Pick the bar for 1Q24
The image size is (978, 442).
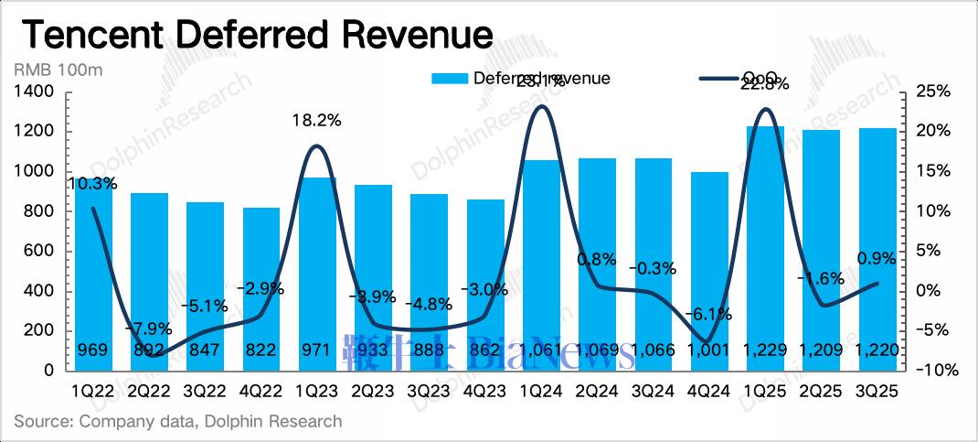(541, 265)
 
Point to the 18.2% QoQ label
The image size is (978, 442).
(317, 120)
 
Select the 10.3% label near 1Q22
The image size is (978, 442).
(92, 183)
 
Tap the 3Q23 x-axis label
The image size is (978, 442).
(430, 392)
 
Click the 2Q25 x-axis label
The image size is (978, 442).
(822, 392)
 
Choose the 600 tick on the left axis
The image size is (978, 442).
(39, 252)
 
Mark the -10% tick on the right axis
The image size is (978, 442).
(936, 371)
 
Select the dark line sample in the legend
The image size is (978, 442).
(718, 79)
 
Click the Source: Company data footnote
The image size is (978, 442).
(178, 422)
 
